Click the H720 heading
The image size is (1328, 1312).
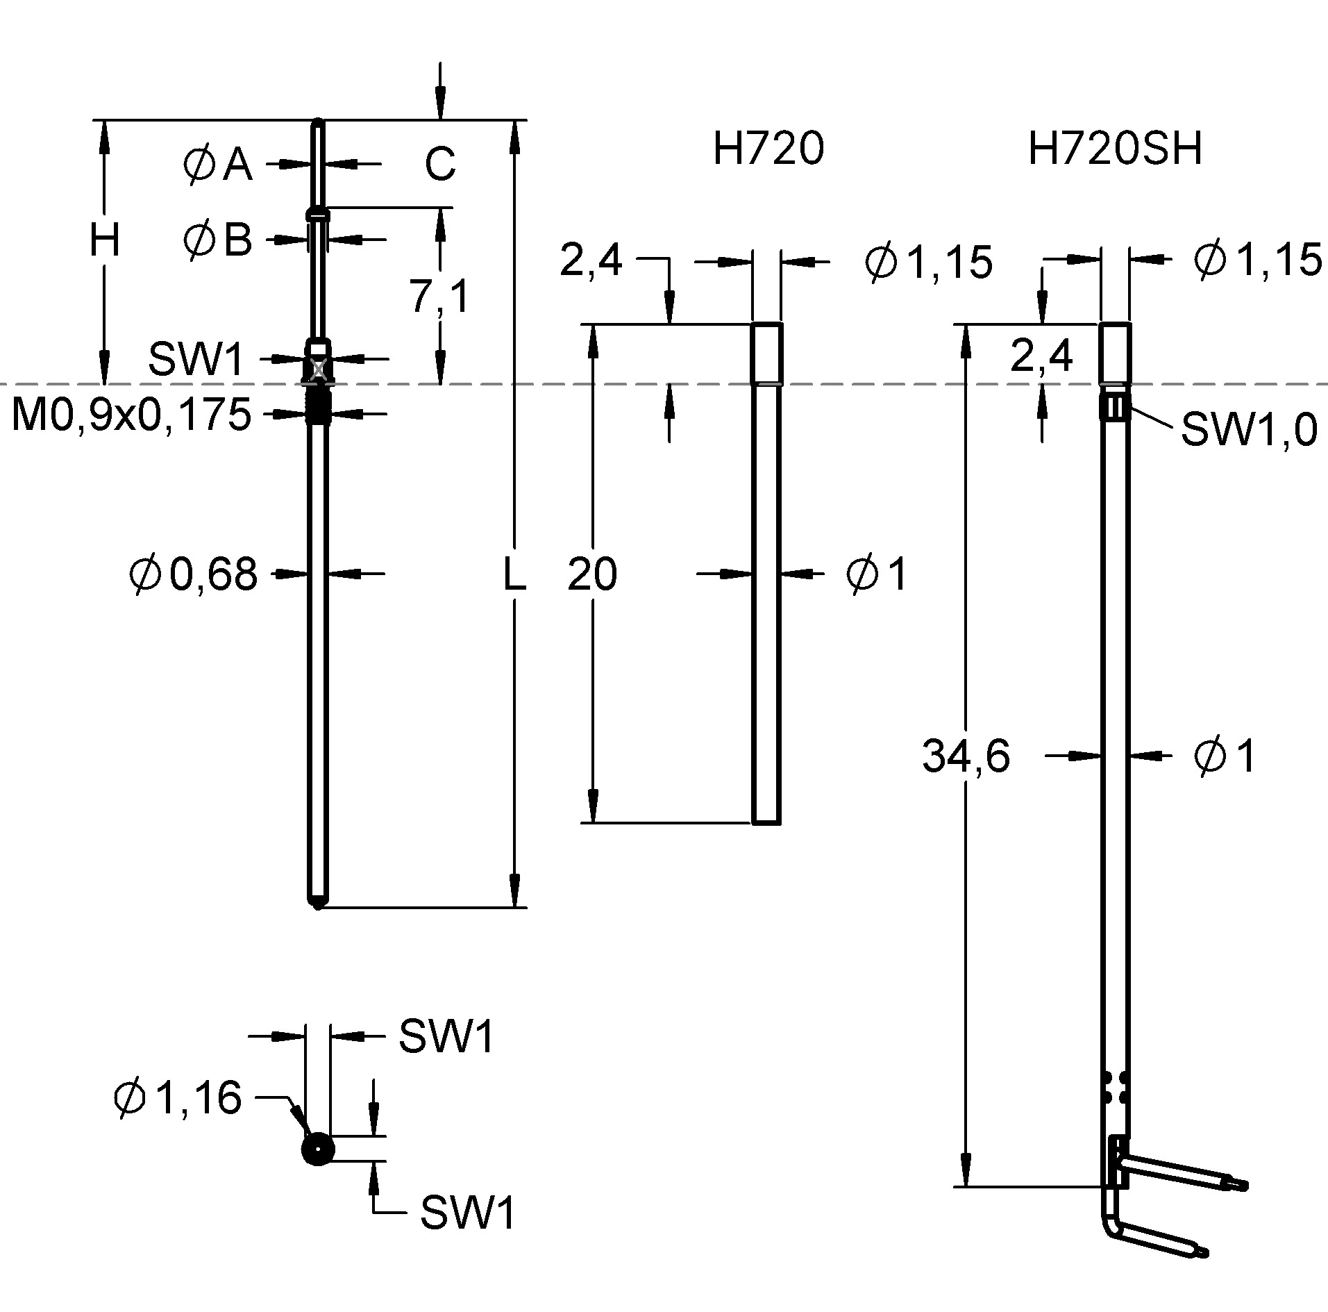click(x=768, y=148)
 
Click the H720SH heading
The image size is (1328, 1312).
click(x=1115, y=148)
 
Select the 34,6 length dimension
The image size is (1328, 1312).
click(x=966, y=756)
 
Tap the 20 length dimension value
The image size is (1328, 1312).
click(x=592, y=574)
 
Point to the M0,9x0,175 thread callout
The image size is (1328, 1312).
click(x=132, y=415)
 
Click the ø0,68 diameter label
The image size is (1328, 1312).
click(x=194, y=574)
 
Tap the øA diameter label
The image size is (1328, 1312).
click(x=218, y=165)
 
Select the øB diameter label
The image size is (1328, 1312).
click(x=218, y=240)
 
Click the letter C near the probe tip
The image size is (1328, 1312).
click(x=440, y=165)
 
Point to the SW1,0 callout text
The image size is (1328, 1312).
click(x=1249, y=429)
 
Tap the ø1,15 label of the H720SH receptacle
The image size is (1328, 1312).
click(x=1257, y=260)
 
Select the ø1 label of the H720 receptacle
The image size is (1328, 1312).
click(x=877, y=574)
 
